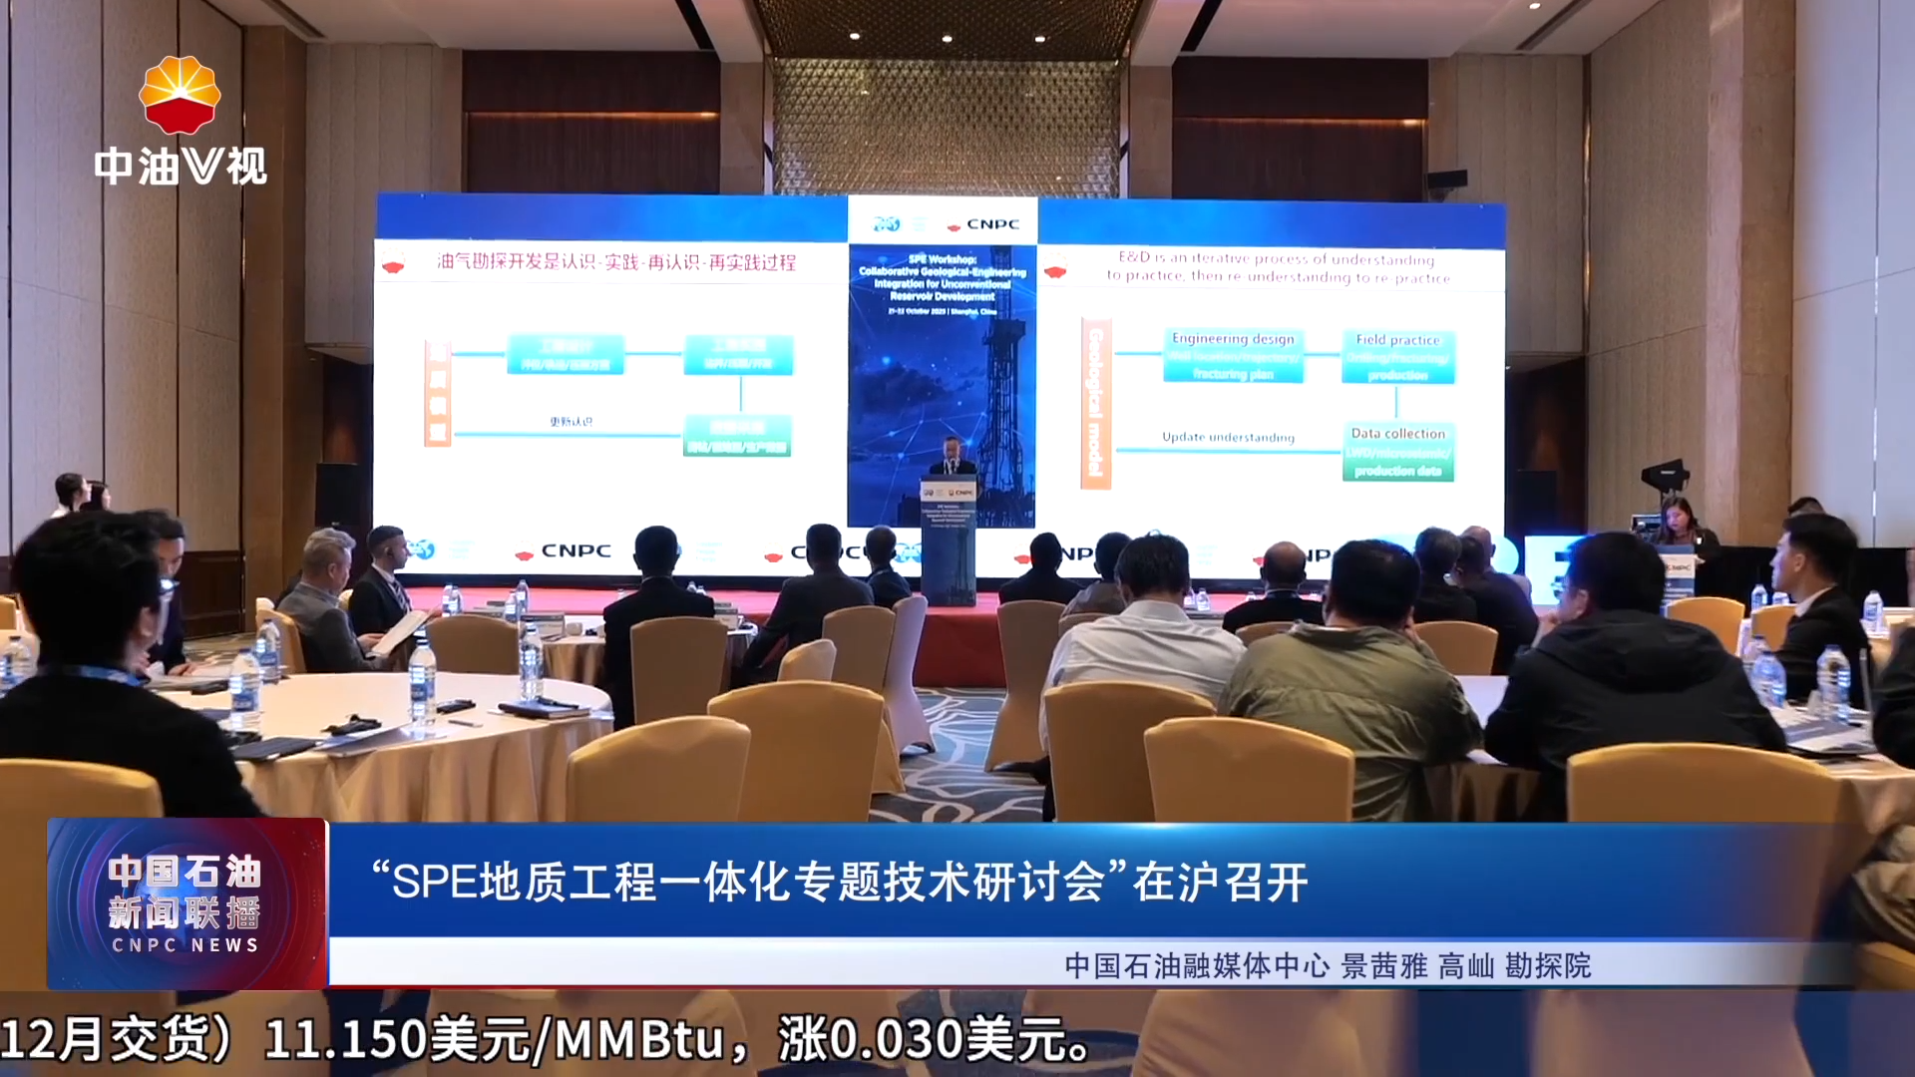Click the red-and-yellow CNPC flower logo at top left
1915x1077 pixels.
click(x=180, y=95)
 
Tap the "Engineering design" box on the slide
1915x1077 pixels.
click(x=1233, y=356)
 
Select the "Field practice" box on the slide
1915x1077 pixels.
click(x=1397, y=357)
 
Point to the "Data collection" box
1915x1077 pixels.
click(x=1397, y=452)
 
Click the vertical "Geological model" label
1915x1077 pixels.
click(x=1095, y=403)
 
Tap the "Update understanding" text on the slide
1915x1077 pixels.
click(x=1228, y=437)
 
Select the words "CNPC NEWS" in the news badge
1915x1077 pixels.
click(x=186, y=944)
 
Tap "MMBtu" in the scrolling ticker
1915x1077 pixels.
click(x=638, y=1039)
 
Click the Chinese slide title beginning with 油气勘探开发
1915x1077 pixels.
click(x=615, y=262)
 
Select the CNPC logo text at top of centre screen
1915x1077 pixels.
click(x=991, y=224)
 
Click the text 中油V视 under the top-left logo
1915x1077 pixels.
click(x=181, y=166)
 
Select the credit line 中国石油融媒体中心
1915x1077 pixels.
click(x=1197, y=965)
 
